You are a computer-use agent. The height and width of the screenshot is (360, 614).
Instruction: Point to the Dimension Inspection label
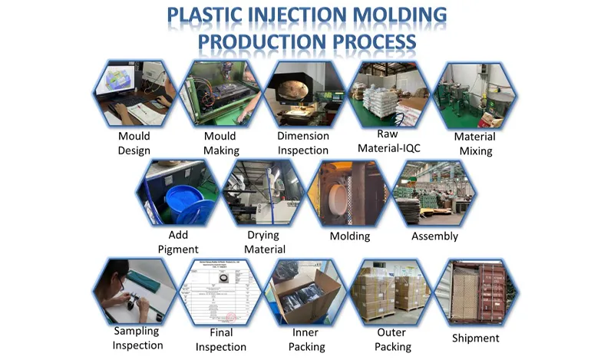(303, 144)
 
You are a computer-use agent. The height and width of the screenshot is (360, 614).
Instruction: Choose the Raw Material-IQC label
(390, 144)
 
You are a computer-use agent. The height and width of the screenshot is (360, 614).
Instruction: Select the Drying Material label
(264, 242)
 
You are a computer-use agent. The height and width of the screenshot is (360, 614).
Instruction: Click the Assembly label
(434, 236)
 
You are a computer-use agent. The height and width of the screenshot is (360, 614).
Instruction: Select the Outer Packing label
(391, 339)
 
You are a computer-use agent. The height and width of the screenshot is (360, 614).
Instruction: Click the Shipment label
(476, 338)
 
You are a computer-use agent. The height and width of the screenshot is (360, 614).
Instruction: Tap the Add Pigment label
(178, 242)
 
